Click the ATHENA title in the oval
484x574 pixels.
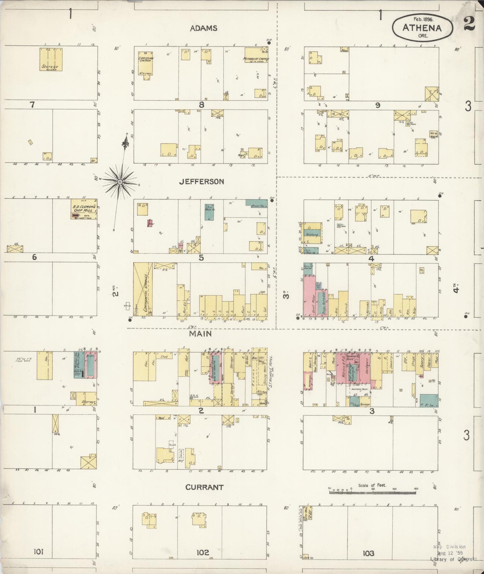[422, 28]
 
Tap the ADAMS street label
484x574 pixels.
[203, 28]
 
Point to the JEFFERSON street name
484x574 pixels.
[201, 182]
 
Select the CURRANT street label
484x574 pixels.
[204, 487]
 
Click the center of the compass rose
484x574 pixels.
[120, 182]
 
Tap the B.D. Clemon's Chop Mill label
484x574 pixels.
[83, 208]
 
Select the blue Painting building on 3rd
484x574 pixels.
[312, 235]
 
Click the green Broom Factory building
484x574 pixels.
[257, 203]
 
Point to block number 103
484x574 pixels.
[368, 553]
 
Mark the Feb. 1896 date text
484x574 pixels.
[423, 19]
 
